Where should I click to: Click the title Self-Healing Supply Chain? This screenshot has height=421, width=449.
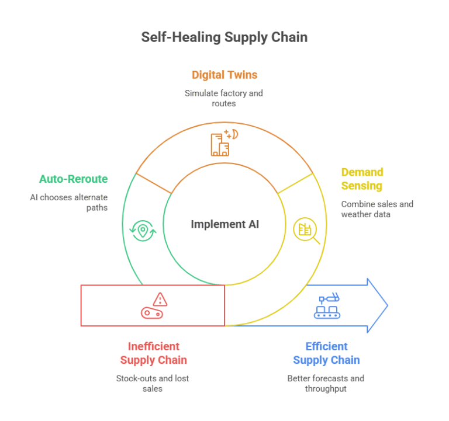(x=224, y=37)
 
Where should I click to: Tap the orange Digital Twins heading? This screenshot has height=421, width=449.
(x=224, y=75)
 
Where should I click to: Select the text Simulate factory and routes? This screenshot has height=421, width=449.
(x=224, y=98)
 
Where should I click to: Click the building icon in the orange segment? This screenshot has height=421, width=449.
(x=221, y=144)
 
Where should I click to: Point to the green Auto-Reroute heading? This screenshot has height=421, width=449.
(x=74, y=179)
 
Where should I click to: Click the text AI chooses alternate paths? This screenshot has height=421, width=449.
(x=69, y=202)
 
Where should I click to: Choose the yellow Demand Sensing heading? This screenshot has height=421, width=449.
(x=362, y=179)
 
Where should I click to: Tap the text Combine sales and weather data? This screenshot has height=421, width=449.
(x=377, y=209)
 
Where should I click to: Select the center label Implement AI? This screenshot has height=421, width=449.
(x=224, y=224)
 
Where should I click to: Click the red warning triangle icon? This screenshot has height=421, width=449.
(x=160, y=300)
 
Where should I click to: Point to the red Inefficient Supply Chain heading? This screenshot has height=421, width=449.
(x=154, y=353)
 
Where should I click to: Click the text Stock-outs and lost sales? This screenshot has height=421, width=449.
(x=153, y=384)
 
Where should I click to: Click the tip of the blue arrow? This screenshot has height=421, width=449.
(x=386, y=305)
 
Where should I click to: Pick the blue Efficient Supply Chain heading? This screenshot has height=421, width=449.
(x=326, y=353)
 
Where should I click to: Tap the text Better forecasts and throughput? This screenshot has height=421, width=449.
(x=326, y=384)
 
